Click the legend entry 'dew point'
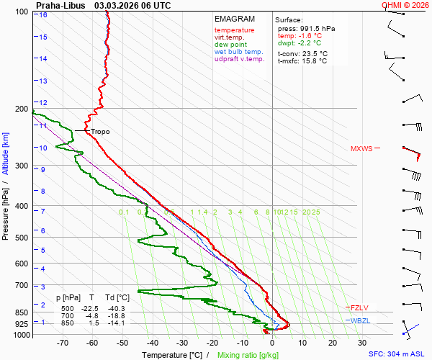tap(230, 45)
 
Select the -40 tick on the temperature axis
tap(153, 343)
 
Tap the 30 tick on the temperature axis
tap(362, 343)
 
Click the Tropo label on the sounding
tap(100, 132)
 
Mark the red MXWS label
tap(361, 149)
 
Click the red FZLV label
tap(359, 307)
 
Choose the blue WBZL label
tap(359, 320)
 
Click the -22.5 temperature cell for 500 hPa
tap(89, 308)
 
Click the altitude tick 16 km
tap(44, 15)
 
